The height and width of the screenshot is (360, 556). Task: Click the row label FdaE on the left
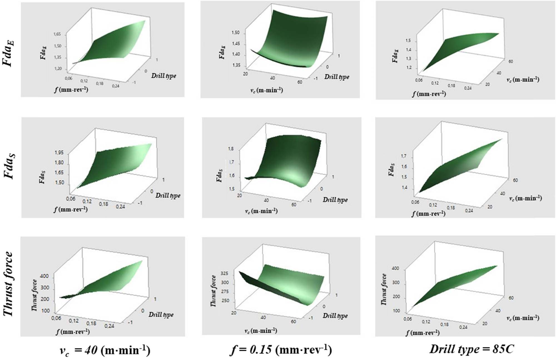coord(9,53)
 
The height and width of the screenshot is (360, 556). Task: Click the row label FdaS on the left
coord(9,167)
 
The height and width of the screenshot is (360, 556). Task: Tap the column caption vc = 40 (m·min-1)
coord(105,350)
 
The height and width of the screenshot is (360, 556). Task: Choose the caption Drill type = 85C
coord(471,349)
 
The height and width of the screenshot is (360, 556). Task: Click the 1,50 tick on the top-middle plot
coord(235,33)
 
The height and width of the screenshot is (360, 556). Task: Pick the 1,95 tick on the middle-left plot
coord(59,152)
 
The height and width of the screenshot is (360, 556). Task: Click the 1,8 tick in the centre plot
coord(230,149)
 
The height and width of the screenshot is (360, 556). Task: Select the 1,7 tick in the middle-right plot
coord(404,156)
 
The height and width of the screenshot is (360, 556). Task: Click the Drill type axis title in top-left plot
coord(163,76)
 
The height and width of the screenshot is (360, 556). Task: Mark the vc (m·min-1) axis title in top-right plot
coord(523,79)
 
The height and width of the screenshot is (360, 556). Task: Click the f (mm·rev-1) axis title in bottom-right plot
coord(423,332)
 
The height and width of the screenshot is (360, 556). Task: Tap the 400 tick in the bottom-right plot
coord(395,268)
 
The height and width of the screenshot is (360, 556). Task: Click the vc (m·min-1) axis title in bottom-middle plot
coord(260,331)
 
